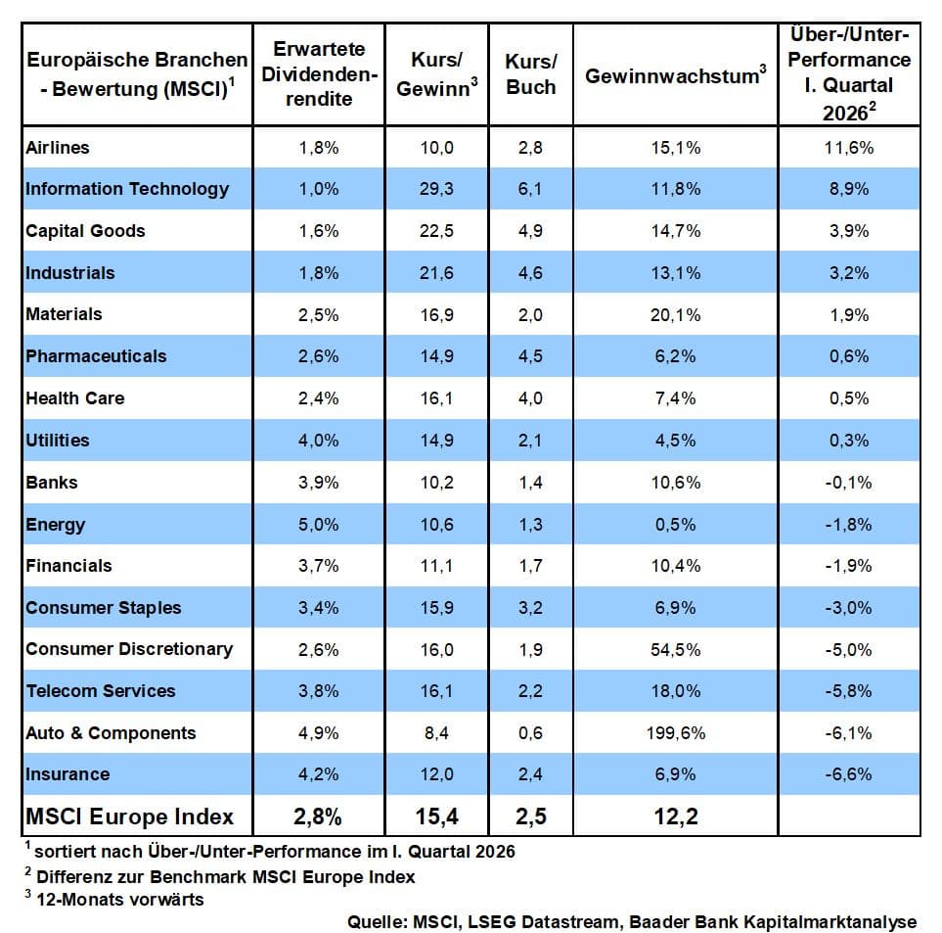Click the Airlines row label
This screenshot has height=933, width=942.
(58, 148)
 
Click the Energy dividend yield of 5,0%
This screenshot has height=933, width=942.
(319, 525)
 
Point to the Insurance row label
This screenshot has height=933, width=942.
(67, 774)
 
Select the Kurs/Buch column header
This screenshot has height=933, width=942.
(530, 73)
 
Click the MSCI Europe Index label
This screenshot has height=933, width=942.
(130, 816)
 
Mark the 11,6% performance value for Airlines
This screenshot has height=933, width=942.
(848, 148)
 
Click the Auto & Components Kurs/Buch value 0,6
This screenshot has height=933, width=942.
(530, 733)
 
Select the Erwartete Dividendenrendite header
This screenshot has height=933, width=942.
(319, 73)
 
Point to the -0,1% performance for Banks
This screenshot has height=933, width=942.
(848, 483)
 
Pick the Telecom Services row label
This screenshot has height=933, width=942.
(101, 691)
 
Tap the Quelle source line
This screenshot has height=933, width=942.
(632, 921)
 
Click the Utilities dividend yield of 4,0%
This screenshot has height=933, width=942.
(319, 441)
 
